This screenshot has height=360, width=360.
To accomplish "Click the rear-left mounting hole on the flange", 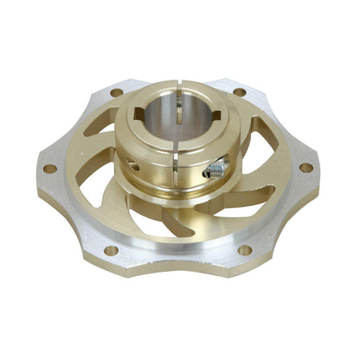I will point(116,93).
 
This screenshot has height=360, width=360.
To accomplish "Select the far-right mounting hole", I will point(305,167).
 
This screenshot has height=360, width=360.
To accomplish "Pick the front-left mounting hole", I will point(111,250).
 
